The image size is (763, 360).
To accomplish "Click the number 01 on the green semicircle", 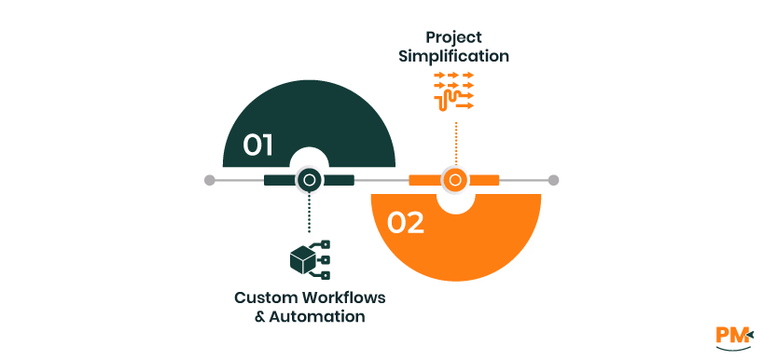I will [x=257, y=145].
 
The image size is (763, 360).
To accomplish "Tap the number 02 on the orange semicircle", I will [x=406, y=222].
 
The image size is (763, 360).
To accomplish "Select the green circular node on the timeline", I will [x=309, y=180].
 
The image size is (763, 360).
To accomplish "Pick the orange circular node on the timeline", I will [x=455, y=180].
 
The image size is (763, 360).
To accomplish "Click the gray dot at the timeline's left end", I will [x=210, y=180].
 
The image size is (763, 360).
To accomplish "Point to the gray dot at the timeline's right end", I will [x=553, y=180].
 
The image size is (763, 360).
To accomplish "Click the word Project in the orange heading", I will [x=454, y=37].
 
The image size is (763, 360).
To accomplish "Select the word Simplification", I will [x=454, y=56].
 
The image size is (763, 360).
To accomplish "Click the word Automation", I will [x=317, y=317].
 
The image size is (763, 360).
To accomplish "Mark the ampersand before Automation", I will [x=260, y=317].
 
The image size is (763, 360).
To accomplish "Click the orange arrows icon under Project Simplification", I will [x=454, y=91].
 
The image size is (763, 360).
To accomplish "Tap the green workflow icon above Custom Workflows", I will [x=311, y=260].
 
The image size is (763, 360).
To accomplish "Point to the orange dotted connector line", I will [x=455, y=140].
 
